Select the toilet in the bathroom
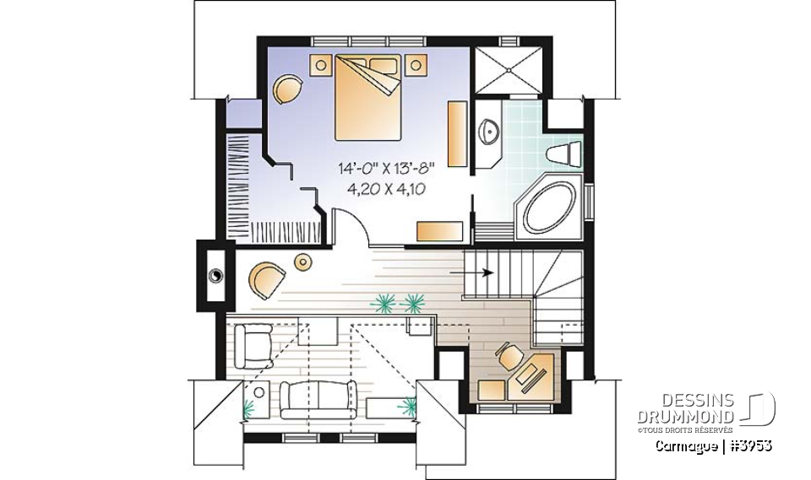(x=564, y=155)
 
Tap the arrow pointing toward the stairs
(x=477, y=272)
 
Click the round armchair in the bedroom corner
(x=287, y=89)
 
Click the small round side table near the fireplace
(x=302, y=263)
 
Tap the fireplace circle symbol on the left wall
(x=215, y=273)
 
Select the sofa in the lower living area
(x=317, y=397)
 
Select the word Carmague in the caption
(x=688, y=445)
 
